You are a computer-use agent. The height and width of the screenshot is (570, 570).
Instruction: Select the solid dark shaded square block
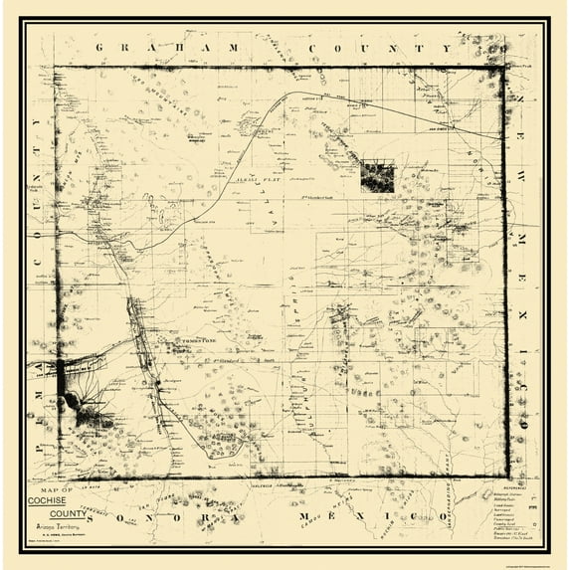click(x=377, y=176)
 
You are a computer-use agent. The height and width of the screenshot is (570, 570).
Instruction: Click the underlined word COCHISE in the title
click(x=80, y=499)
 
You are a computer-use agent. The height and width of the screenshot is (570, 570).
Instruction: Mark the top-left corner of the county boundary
click(x=55, y=67)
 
